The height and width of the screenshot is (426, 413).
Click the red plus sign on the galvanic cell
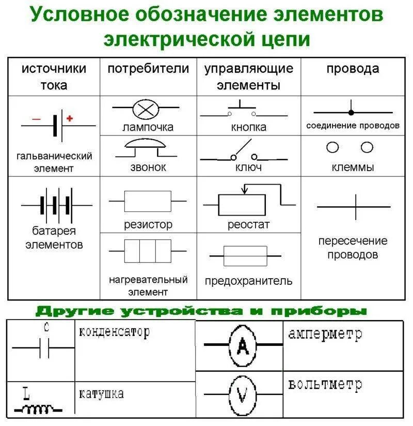(x=70, y=118)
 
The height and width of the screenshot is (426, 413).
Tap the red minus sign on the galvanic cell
(x=36, y=119)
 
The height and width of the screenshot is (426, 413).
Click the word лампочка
(x=148, y=127)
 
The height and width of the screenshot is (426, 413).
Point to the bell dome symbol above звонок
(x=147, y=144)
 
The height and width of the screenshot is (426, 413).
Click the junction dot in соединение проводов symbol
(x=351, y=112)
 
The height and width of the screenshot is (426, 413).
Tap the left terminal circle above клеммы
(x=333, y=148)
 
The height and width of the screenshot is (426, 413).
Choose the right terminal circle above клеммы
(x=367, y=148)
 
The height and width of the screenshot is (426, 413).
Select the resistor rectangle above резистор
(x=148, y=201)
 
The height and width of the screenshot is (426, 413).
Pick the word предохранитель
(x=248, y=281)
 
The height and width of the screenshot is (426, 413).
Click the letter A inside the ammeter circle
(x=242, y=345)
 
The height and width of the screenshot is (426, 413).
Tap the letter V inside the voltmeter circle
(x=242, y=395)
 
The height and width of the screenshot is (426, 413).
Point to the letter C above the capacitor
(x=46, y=327)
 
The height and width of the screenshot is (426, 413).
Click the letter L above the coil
(x=26, y=394)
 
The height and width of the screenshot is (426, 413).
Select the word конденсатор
(x=114, y=331)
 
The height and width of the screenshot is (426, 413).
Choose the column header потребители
(x=148, y=69)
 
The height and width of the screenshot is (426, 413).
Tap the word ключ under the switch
(x=248, y=168)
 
